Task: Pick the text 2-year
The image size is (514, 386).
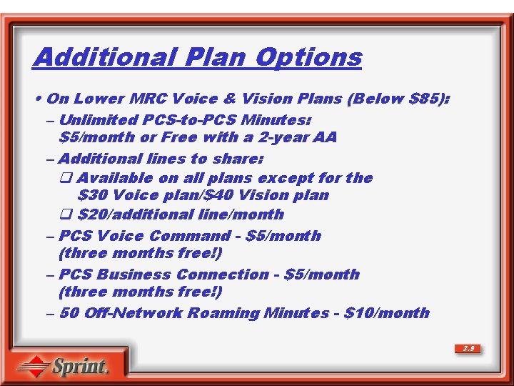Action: (285, 137)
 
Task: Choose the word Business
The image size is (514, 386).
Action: (131, 274)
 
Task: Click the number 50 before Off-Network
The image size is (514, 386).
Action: (69, 313)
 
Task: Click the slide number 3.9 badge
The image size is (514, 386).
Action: (468, 349)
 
